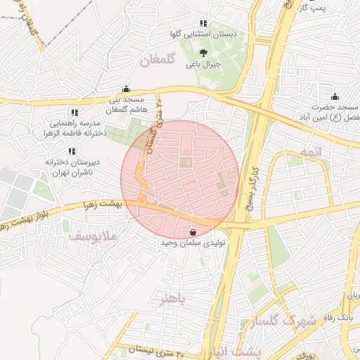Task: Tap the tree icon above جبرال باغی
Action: (203, 52)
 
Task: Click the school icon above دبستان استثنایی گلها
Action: (204, 23)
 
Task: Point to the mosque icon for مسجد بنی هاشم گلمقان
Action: (126, 89)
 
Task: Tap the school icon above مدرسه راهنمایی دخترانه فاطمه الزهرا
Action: (75, 112)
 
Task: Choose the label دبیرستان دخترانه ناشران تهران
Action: (72, 166)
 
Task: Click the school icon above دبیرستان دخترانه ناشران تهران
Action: (72, 151)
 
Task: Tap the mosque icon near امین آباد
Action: (335, 96)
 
